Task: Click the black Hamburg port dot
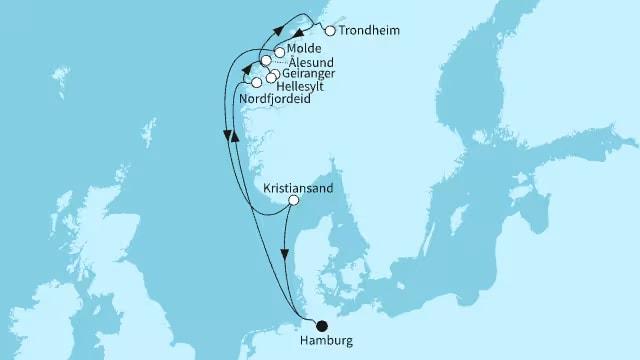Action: tap(321, 325)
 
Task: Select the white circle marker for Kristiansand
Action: tap(293, 200)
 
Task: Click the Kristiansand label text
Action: tap(297, 186)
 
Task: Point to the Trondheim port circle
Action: tap(331, 31)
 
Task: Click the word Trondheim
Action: tap(370, 31)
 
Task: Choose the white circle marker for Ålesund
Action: tap(265, 61)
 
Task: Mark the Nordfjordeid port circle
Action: tap(257, 82)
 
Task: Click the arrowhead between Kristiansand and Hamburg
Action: tap(287, 254)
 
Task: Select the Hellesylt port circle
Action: tap(269, 79)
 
